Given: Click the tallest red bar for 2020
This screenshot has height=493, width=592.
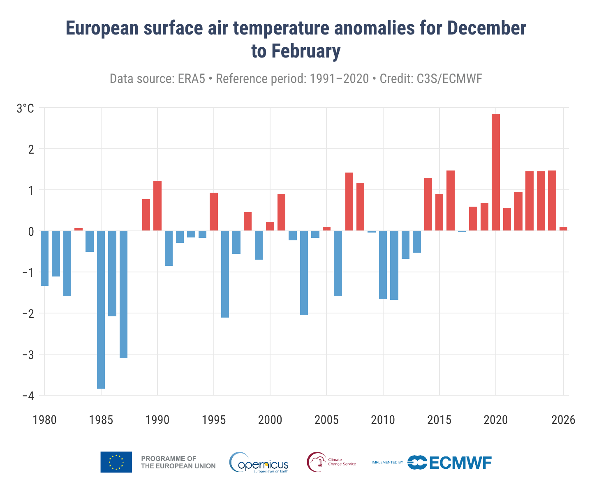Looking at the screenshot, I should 496,173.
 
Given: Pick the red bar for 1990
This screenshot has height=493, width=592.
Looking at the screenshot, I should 157,206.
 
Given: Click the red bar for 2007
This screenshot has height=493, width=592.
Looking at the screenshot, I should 349,202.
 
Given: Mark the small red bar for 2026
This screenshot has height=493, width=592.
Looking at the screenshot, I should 563,228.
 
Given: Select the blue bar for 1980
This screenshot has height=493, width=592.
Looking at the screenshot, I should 44,258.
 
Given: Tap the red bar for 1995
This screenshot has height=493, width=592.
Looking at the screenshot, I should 214,212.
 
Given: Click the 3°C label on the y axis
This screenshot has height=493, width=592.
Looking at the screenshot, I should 25,108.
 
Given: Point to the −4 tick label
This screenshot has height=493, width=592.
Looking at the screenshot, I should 25,396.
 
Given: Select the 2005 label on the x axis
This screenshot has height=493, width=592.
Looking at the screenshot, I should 326,420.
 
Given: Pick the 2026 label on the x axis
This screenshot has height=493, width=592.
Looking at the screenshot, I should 563,420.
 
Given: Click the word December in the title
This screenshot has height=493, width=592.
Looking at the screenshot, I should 486,29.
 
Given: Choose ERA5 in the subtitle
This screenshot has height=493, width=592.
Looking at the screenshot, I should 191,78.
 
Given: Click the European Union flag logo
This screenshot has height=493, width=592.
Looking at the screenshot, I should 116,462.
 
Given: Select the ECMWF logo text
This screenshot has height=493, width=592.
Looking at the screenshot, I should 460,463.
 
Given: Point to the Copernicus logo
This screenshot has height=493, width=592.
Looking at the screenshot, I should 259,463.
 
